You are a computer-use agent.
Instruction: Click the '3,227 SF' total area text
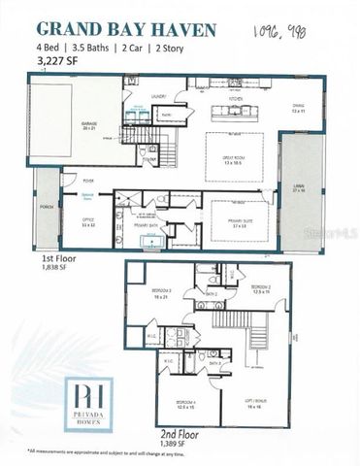(57, 60)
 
